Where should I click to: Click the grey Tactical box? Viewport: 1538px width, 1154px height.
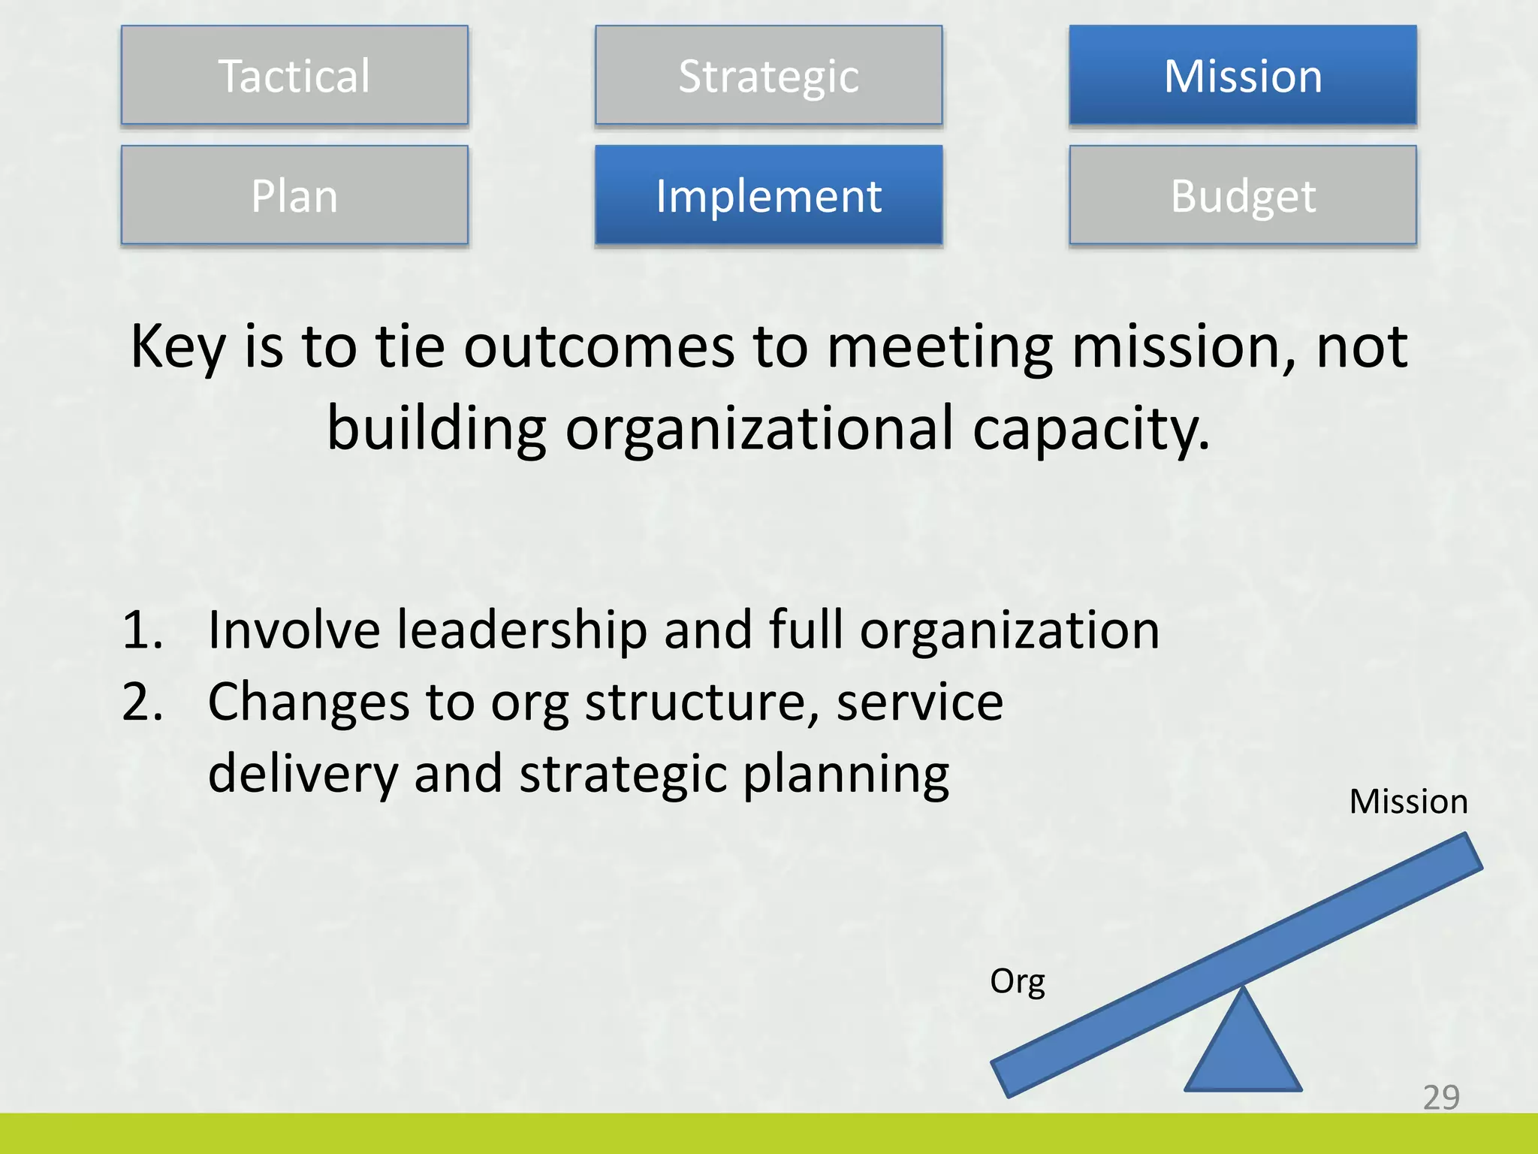(294, 75)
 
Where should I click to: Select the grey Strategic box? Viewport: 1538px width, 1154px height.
(768, 75)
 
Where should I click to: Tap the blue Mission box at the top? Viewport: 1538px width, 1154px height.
(1243, 75)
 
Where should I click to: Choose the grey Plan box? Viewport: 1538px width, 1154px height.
(294, 195)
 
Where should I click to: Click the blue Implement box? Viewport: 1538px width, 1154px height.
(768, 195)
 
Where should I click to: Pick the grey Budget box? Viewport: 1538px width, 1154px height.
(1243, 195)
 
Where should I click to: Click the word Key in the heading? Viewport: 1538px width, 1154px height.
(177, 347)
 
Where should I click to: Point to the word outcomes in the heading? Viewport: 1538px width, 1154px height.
(599, 347)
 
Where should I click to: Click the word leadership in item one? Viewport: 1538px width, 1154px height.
(521, 630)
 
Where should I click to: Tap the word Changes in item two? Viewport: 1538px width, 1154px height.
(309, 702)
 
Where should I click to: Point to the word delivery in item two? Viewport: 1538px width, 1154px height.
(302, 775)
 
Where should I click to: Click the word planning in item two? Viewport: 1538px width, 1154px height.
(846, 775)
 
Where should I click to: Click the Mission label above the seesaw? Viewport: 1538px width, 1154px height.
(1408, 802)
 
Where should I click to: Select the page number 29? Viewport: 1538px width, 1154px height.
(1441, 1098)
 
